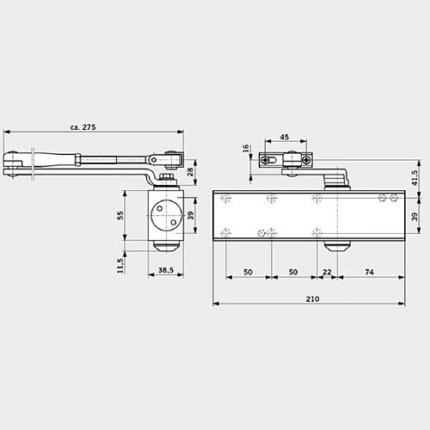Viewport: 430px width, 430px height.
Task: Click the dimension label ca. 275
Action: point(83,126)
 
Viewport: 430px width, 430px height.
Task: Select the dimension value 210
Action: point(310,298)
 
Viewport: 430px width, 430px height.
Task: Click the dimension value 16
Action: point(246,149)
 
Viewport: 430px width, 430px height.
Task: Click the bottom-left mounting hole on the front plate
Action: point(226,232)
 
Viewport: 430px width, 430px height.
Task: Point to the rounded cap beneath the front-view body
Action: point(336,247)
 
